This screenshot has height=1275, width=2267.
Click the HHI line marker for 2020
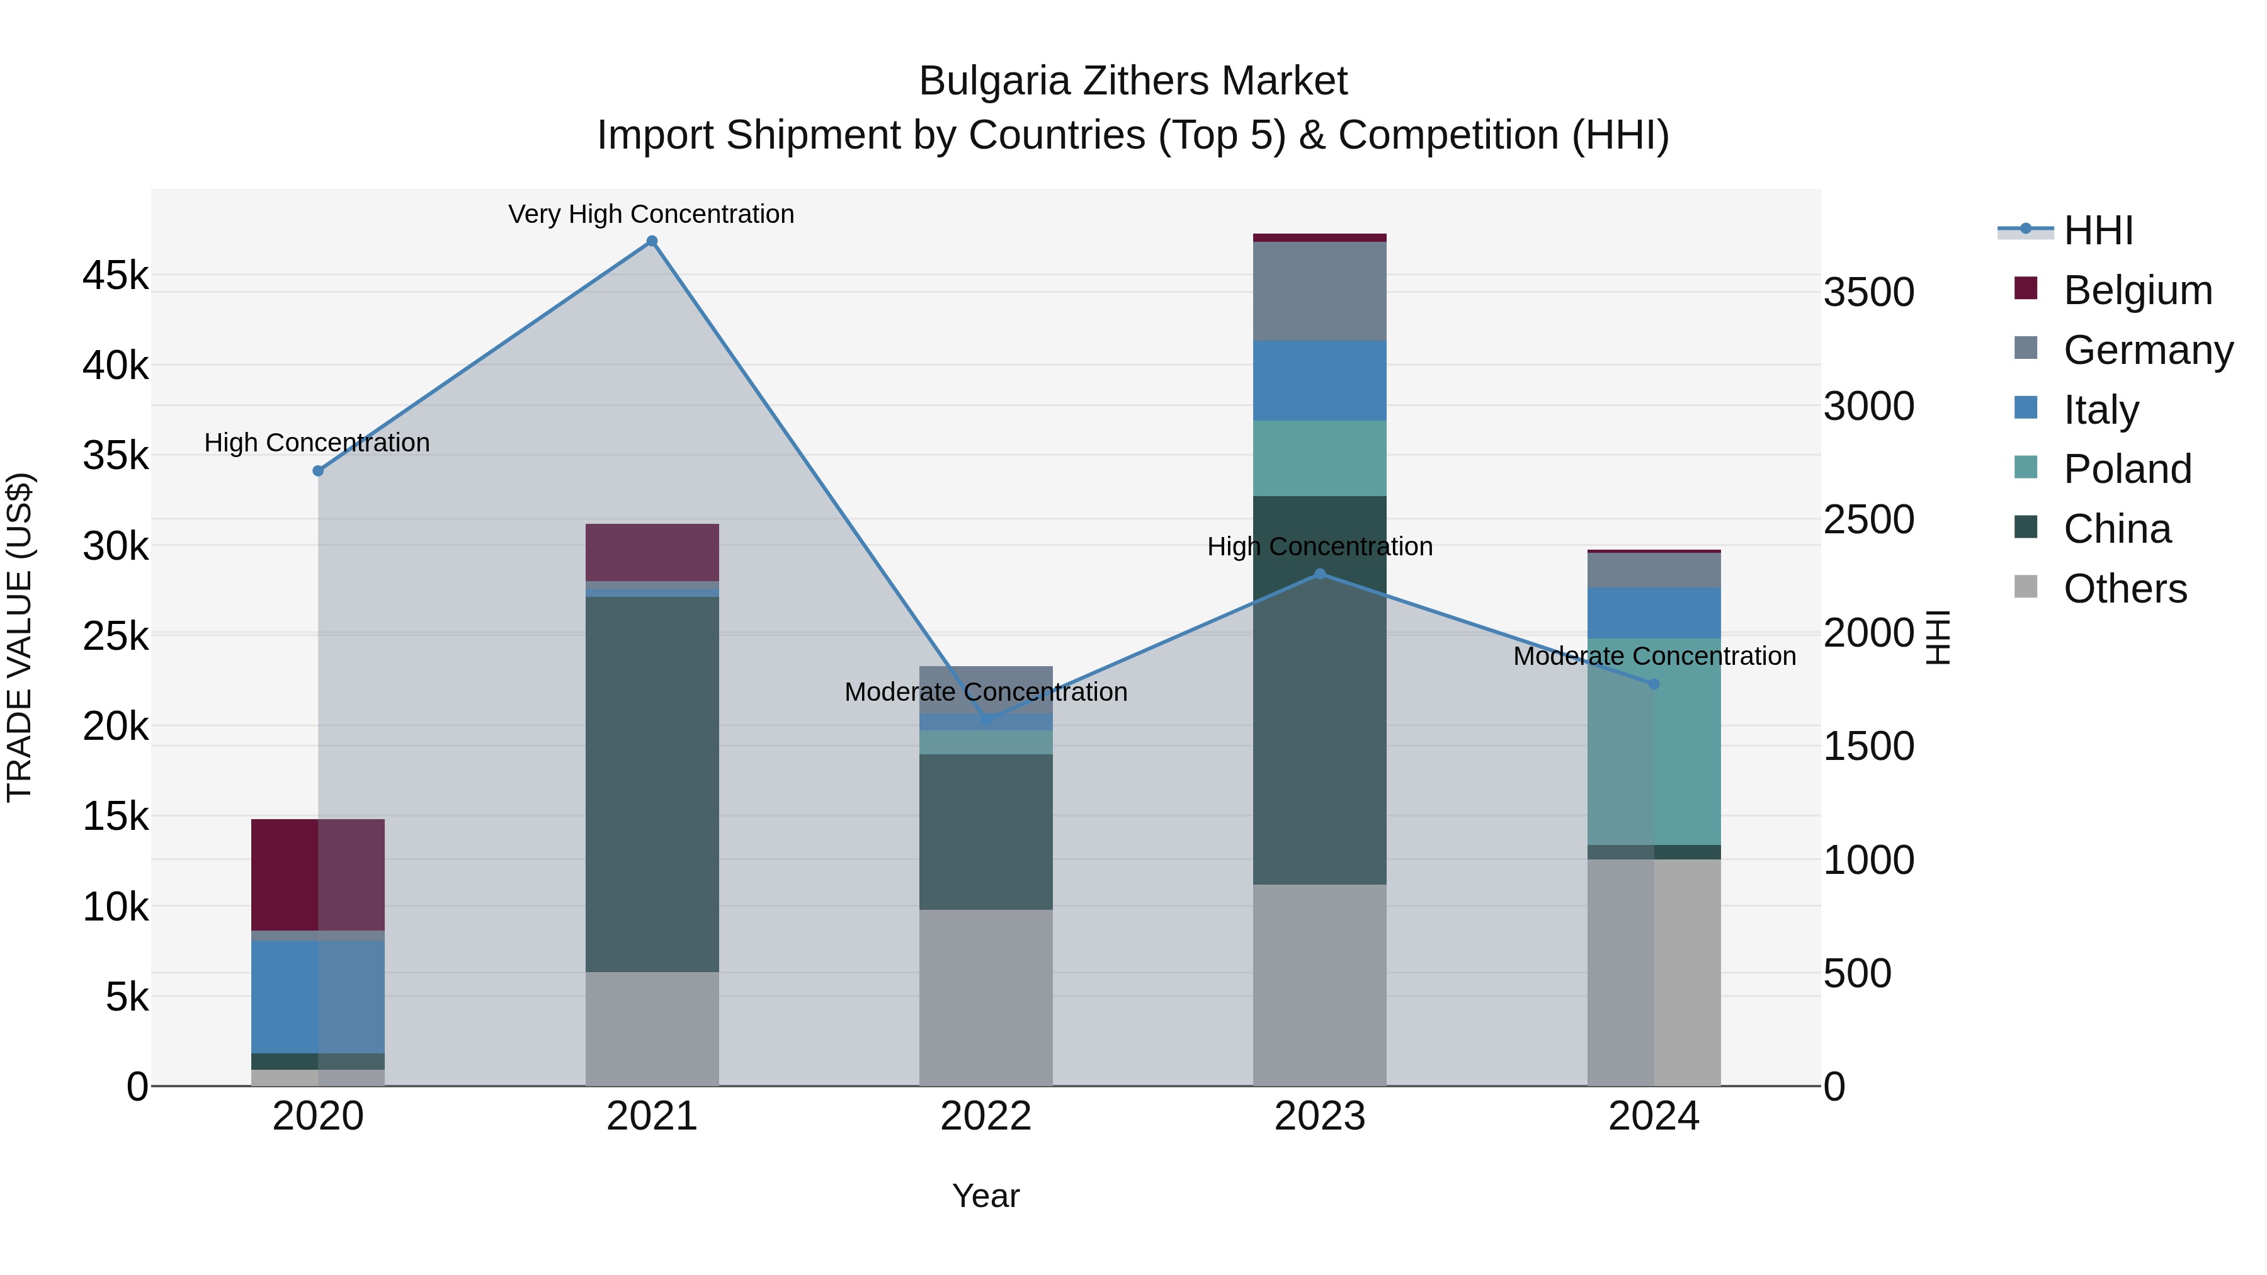(x=319, y=471)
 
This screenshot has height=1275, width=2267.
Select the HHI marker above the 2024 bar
(x=1654, y=684)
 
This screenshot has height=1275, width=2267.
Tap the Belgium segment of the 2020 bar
(x=318, y=875)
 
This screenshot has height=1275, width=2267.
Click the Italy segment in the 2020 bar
(x=318, y=996)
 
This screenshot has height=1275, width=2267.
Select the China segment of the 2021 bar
(x=652, y=783)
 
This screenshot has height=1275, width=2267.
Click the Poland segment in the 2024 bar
(x=1654, y=757)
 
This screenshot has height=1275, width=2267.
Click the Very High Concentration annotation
(x=651, y=214)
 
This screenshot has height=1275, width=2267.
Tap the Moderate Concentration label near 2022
(x=986, y=691)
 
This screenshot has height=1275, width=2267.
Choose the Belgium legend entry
(x=2137, y=290)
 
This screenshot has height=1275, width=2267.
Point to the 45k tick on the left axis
(x=115, y=275)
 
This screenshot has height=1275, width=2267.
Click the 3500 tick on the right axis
(x=1868, y=292)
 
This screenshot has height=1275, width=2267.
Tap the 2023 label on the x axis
(x=1319, y=1116)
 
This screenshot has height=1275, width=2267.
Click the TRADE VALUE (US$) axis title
(x=20, y=637)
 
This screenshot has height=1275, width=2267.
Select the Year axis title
(x=986, y=1196)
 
